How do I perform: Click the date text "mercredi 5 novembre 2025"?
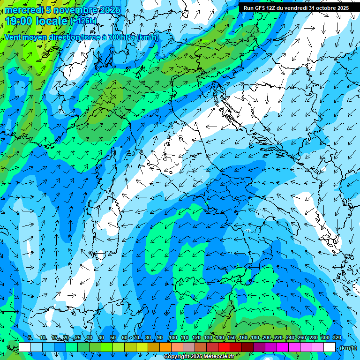click(62, 10)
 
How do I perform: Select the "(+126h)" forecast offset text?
click(83, 21)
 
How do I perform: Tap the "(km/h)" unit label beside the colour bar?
click(347, 347)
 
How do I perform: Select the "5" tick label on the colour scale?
click(30, 338)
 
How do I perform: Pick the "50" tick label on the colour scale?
click(113, 338)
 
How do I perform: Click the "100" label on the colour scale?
click(172, 338)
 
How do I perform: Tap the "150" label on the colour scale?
click(232, 338)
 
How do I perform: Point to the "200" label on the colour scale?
click(267, 338)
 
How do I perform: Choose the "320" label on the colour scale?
click(336, 338)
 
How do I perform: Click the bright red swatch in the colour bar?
click(224, 347)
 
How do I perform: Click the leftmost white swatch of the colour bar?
click(25, 347)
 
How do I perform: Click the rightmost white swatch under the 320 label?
click(330, 347)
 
